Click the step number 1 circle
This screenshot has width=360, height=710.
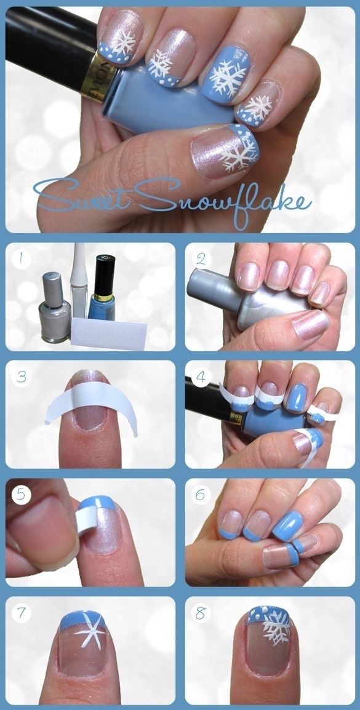[21, 260]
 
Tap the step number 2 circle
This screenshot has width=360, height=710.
[201, 260]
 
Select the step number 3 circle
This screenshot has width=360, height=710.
[21, 377]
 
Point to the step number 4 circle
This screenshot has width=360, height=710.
[201, 377]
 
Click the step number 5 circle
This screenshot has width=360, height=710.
[21, 495]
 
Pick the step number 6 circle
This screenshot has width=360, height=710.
[201, 495]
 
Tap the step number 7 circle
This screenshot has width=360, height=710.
[21, 613]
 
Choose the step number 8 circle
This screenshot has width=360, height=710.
[201, 613]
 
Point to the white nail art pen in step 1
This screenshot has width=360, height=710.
[79, 281]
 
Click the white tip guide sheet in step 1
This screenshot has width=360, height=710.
[109, 332]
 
